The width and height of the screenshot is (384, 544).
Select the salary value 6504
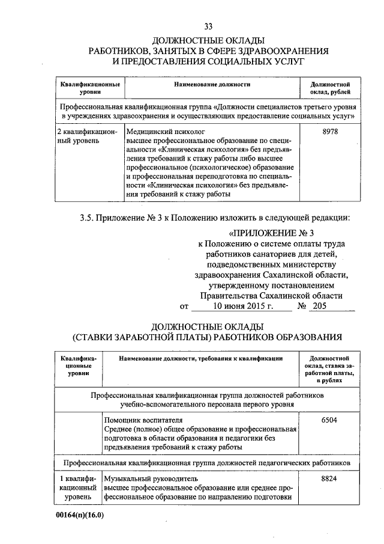329,420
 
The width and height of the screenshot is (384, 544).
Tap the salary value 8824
329,478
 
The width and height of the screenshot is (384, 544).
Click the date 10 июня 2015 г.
239,306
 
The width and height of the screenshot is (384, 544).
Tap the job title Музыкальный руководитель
149,478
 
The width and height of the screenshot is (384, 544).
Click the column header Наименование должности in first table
212,85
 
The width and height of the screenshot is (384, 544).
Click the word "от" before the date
184,307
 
